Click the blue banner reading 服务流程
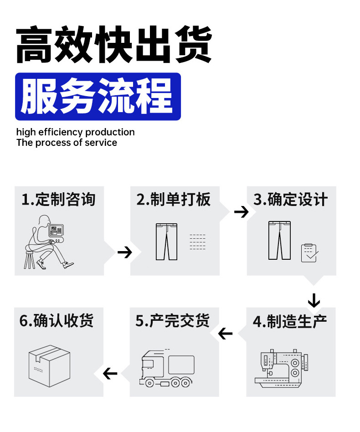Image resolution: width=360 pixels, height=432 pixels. coord(98,97)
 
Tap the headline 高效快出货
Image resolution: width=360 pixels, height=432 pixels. coord(114,44)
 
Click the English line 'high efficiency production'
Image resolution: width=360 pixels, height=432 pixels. coord(76,132)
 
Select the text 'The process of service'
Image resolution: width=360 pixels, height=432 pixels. coord(67,143)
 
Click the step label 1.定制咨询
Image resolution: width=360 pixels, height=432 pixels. coord(58,199)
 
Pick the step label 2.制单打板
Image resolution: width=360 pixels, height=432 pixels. coord(174,199)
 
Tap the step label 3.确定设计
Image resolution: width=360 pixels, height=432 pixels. coord(291,199)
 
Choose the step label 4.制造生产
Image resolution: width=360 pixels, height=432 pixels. coord(290,321)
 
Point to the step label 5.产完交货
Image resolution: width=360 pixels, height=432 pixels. coord(172,321)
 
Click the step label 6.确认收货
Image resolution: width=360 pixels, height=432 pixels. coord(57,321)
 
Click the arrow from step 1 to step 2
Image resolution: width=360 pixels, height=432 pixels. coord(125,252)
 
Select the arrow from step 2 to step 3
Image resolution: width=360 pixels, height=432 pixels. coord(241,212)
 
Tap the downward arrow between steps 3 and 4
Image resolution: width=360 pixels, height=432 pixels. coord(314,301)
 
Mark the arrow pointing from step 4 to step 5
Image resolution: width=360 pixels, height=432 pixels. coord(225,334)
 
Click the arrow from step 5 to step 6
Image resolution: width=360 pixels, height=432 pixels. coord(110,374)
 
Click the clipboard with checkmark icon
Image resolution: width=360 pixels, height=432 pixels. coord(309,252)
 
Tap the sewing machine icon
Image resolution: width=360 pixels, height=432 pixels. coord(282,368)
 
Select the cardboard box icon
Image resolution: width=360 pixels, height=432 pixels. coord(50,366)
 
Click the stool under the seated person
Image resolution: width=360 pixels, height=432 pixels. coord(30,260)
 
